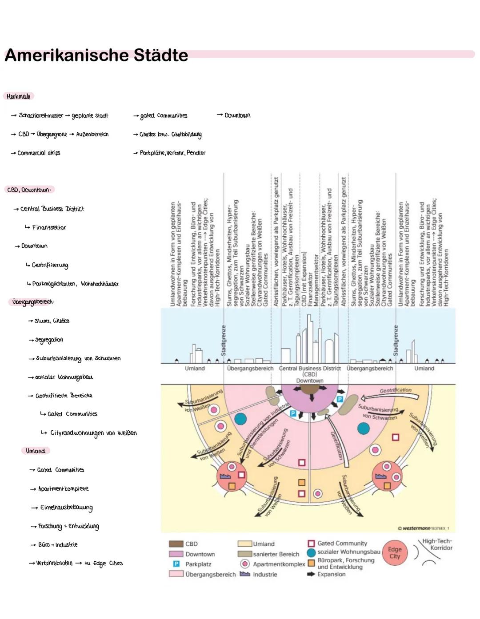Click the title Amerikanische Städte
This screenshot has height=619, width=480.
point(96,56)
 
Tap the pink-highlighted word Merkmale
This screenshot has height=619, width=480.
point(19,96)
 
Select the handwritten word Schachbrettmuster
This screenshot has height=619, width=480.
point(41,115)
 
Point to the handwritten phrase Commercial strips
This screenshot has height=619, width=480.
point(39,153)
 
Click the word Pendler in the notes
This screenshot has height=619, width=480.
point(196,153)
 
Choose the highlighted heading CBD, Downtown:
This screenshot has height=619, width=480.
point(29,190)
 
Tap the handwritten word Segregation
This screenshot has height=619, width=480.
point(49,340)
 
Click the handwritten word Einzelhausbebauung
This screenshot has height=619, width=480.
point(66,507)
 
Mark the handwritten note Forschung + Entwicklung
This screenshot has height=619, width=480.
point(68,526)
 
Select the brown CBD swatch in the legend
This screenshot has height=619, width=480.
point(176,544)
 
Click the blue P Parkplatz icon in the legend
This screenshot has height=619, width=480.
point(176,564)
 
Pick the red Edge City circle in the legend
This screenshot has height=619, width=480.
point(395,553)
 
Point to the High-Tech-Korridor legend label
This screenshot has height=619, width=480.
point(437,544)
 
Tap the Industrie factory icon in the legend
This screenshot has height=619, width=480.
point(245,574)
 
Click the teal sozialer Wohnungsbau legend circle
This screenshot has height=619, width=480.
point(311,553)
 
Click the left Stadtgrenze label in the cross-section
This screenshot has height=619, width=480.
point(224,340)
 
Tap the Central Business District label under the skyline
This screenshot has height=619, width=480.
point(309,369)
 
